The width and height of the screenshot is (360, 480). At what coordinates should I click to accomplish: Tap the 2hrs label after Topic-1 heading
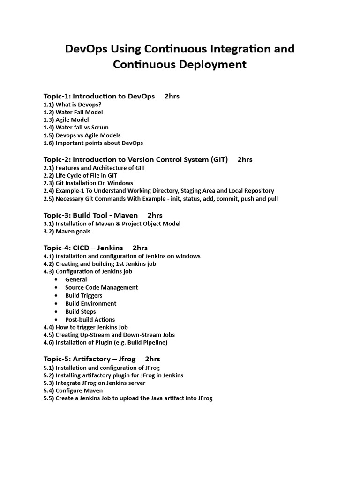172,96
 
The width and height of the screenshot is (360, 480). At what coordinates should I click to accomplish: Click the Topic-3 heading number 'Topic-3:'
57,215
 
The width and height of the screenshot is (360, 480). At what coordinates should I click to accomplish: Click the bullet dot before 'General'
56,280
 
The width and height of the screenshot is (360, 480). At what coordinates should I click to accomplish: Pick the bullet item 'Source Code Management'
101,288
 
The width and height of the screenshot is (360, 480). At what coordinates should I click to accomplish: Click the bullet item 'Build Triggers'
83,296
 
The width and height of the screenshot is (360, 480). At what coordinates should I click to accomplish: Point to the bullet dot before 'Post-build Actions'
56,320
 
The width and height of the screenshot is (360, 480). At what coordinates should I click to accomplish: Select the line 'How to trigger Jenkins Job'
85,327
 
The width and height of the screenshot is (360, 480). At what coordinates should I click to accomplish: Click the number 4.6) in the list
49,343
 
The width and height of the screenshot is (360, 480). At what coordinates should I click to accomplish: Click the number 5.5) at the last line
49,398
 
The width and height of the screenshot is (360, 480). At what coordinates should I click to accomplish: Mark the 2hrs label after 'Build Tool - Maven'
155,215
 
